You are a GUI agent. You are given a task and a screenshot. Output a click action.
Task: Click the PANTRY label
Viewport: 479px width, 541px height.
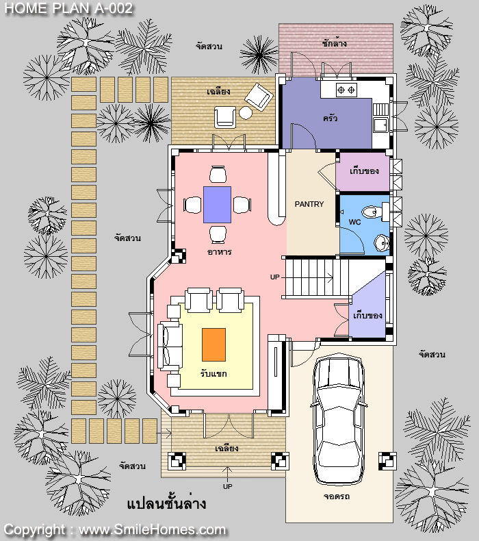click(x=309, y=204)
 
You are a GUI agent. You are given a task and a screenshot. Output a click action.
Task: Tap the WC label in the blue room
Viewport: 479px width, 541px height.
click(x=354, y=222)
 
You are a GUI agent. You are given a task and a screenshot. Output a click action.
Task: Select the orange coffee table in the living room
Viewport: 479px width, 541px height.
click(x=213, y=344)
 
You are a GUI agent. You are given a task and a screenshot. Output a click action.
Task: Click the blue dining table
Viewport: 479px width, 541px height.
click(x=217, y=205)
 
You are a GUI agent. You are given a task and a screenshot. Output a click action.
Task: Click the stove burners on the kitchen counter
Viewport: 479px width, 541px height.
click(x=346, y=90)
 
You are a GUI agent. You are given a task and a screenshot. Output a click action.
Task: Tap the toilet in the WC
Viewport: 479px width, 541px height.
click(x=373, y=212)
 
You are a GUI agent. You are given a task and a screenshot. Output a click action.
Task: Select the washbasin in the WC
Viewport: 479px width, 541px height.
click(x=381, y=242)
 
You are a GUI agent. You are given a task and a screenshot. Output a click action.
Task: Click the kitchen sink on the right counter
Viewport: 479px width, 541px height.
click(x=380, y=125)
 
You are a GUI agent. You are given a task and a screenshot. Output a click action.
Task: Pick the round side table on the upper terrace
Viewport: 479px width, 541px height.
click(x=246, y=113)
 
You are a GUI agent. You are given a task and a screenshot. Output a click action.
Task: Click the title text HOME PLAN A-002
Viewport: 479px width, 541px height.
click(x=68, y=9)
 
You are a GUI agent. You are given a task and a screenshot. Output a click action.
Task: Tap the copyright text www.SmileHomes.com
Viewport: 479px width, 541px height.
click(x=152, y=529)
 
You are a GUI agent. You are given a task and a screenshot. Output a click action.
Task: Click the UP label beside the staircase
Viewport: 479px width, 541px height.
click(x=275, y=277)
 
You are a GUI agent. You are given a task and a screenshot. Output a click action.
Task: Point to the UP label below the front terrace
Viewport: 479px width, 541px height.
click(x=228, y=486)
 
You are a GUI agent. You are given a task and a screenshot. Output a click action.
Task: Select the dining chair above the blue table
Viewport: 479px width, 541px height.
click(x=218, y=174)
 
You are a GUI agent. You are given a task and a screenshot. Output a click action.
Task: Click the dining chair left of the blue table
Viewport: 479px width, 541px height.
click(x=192, y=205)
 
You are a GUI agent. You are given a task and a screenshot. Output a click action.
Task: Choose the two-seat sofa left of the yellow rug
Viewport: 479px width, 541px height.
click(x=170, y=346)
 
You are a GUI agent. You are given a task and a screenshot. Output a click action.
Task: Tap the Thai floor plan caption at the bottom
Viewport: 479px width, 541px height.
click(x=166, y=504)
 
